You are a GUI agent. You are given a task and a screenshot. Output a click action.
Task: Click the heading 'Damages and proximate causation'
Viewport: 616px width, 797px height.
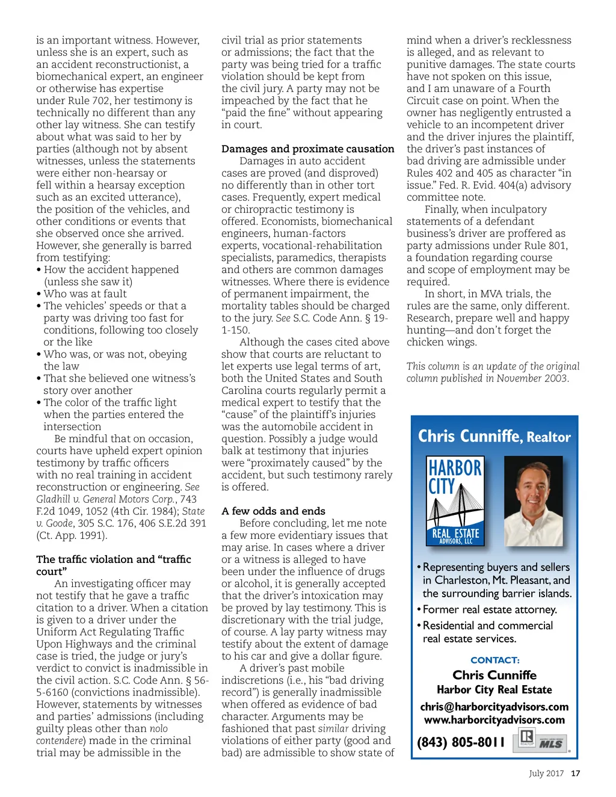(x=307, y=149)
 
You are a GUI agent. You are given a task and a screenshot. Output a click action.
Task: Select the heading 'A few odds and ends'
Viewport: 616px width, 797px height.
(x=273, y=511)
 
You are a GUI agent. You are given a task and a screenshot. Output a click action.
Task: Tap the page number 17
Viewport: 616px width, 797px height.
(x=576, y=774)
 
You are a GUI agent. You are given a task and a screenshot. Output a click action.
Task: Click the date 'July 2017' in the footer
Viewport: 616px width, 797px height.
(x=546, y=774)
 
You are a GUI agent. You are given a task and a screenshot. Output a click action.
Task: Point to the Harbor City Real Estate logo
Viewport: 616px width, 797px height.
(x=455, y=501)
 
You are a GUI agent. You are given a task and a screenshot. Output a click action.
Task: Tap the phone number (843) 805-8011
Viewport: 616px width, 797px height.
(x=461, y=742)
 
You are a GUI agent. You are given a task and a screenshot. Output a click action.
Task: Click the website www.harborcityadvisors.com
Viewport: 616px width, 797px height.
(x=494, y=720)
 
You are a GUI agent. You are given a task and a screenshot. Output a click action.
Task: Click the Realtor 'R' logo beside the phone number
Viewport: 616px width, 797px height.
(x=526, y=739)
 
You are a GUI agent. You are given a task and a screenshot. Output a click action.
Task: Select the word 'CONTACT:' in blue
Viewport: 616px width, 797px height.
(x=494, y=660)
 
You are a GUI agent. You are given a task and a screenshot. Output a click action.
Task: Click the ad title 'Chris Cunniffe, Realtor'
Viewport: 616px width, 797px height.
(x=494, y=436)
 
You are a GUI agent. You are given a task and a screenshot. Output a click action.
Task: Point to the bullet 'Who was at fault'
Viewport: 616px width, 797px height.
(x=85, y=294)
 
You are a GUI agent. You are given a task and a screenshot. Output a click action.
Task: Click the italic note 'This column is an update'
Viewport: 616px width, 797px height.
(x=493, y=366)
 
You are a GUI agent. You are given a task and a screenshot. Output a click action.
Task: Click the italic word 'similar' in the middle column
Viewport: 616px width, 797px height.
(x=333, y=728)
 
